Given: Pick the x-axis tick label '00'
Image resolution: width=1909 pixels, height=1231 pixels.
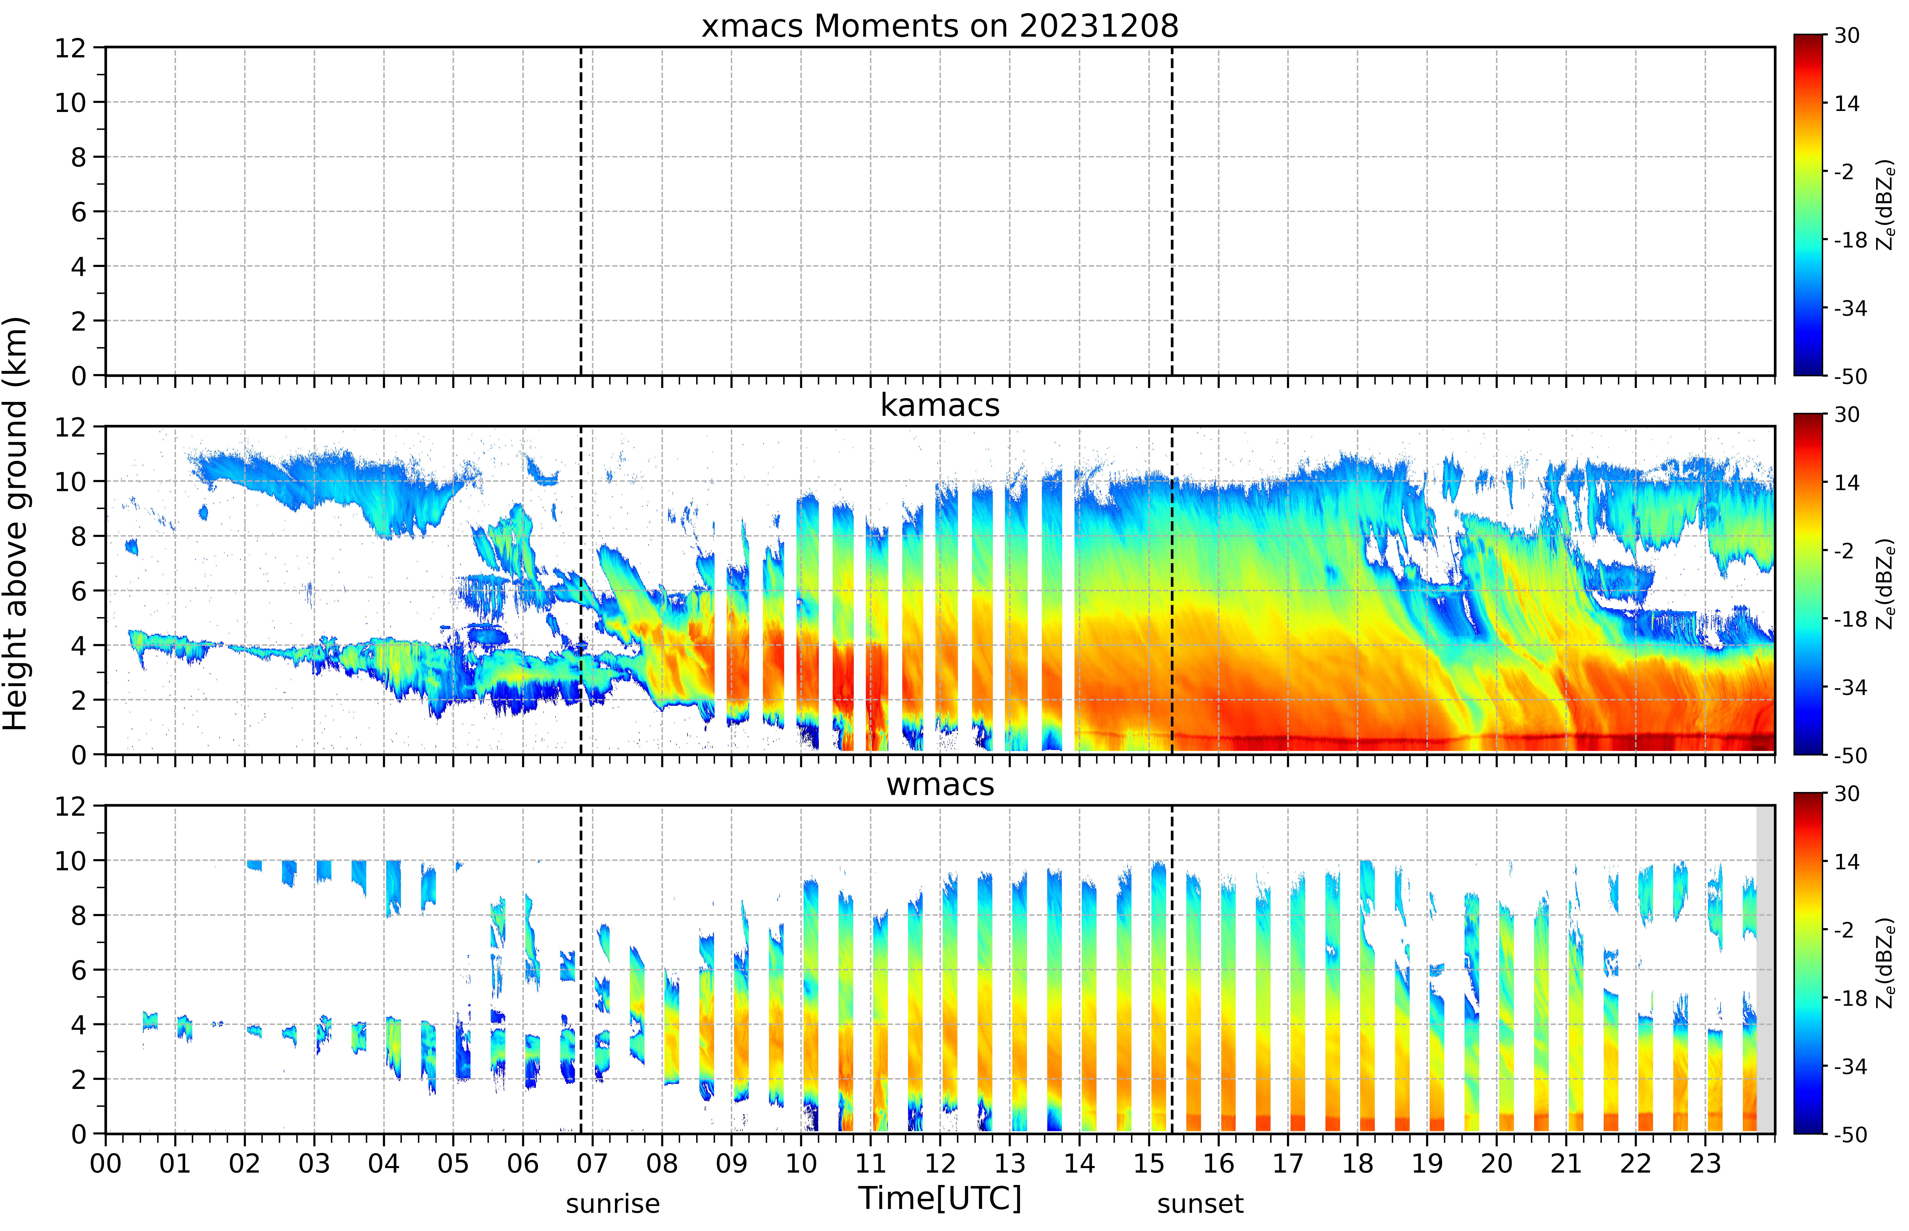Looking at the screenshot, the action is point(105,1163).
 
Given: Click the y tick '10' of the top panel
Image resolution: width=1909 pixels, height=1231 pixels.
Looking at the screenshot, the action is point(70,102).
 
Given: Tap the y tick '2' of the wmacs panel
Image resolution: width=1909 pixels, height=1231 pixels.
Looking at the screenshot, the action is point(78,1079).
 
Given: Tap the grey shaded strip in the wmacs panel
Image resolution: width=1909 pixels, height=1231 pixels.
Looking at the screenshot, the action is point(1765,969).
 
